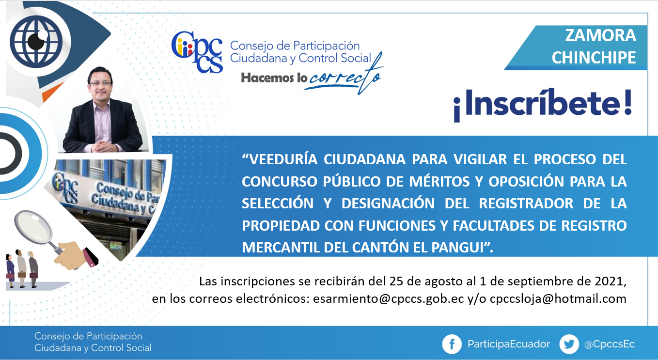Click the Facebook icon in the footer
pos(452,344)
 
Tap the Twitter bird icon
pos(569,344)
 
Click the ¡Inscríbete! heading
pos(543,105)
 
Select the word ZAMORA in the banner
pos(600,35)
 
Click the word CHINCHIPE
pos(594,57)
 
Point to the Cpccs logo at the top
pos(197,52)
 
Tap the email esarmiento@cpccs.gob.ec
pos(389,299)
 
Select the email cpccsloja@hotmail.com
pos(558,299)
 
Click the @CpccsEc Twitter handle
pos(610,344)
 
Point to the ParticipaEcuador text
pos(509,344)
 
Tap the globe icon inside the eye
pos(36,42)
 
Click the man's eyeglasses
pos(101,83)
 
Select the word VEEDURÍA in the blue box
pos(280,159)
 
